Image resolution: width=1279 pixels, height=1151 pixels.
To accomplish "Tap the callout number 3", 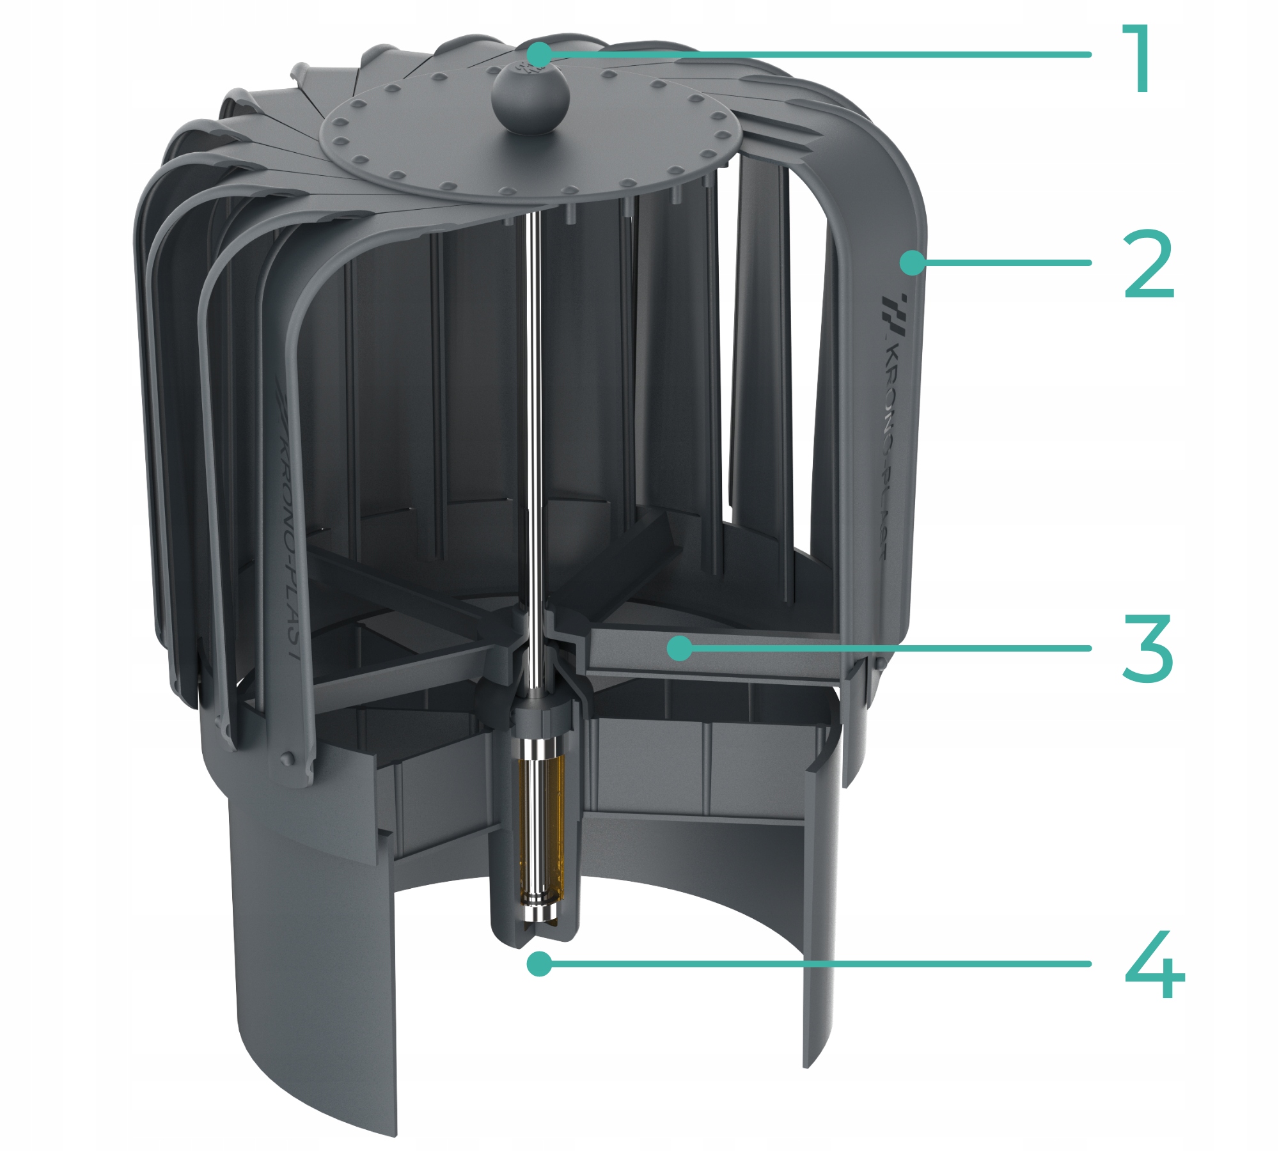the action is [1148, 648].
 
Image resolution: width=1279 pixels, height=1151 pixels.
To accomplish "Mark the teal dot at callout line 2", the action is [913, 262].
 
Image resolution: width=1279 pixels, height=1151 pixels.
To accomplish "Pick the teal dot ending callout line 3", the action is [679, 648].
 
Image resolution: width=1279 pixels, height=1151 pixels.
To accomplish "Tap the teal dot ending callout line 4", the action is [540, 964].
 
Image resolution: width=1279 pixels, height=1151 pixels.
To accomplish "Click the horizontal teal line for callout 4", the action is [815, 964].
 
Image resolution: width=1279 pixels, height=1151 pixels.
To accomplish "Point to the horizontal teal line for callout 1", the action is [816, 54].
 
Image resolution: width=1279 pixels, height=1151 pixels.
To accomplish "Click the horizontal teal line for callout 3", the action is [885, 648].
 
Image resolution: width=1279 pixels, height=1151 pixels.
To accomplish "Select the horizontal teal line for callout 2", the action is [1002, 262].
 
